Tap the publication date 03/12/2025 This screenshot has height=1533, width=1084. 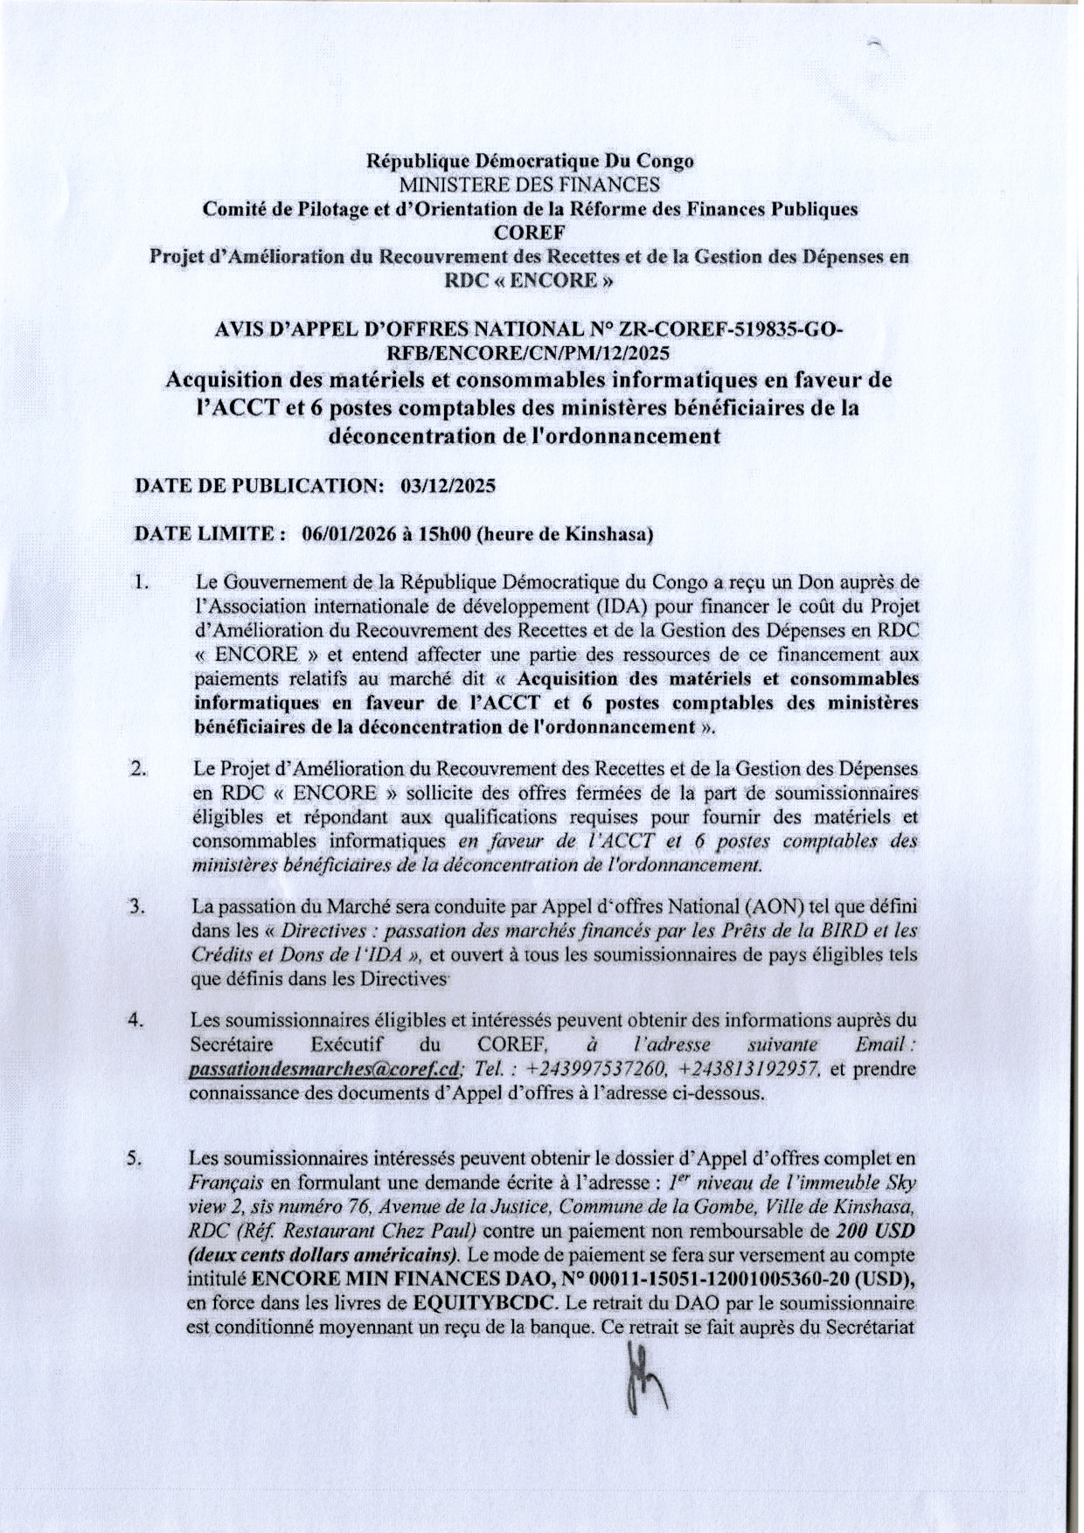click(447, 487)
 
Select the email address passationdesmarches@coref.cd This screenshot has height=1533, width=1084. click(324, 1068)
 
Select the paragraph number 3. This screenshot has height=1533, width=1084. click(136, 906)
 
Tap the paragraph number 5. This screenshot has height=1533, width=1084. click(135, 1160)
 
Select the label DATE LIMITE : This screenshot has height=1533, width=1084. click(209, 535)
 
